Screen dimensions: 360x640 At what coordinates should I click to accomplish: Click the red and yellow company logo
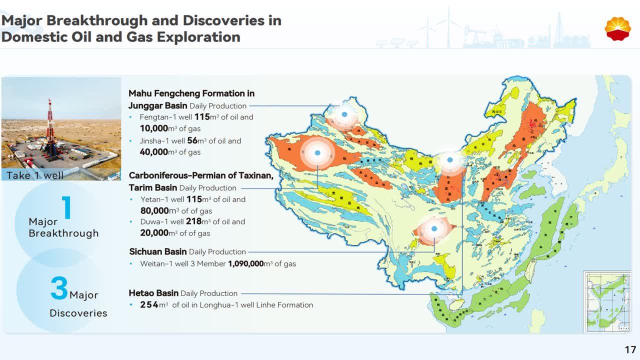[617, 28]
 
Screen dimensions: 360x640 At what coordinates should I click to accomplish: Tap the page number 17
[630, 349]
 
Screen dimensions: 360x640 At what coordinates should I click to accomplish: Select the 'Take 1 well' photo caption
[35, 175]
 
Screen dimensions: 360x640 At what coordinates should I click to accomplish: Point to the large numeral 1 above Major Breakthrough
[66, 207]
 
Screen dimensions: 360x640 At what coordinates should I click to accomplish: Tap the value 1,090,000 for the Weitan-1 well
[245, 263]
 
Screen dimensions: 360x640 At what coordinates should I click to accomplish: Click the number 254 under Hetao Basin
[149, 305]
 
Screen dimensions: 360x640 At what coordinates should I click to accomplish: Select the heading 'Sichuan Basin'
[158, 251]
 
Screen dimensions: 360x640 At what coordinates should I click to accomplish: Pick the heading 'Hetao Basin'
[153, 293]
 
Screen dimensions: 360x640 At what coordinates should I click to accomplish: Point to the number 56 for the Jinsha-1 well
[192, 141]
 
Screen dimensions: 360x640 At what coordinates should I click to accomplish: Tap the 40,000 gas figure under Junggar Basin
[154, 152]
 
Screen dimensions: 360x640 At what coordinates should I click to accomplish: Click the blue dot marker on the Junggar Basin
[344, 114]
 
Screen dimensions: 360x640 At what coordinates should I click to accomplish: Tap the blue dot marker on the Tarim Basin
[317, 152]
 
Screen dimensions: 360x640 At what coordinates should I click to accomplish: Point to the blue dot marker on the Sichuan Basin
[434, 228]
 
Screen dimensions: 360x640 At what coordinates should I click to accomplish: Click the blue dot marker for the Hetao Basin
[450, 160]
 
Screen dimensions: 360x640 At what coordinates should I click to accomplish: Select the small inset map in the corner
[607, 301]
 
